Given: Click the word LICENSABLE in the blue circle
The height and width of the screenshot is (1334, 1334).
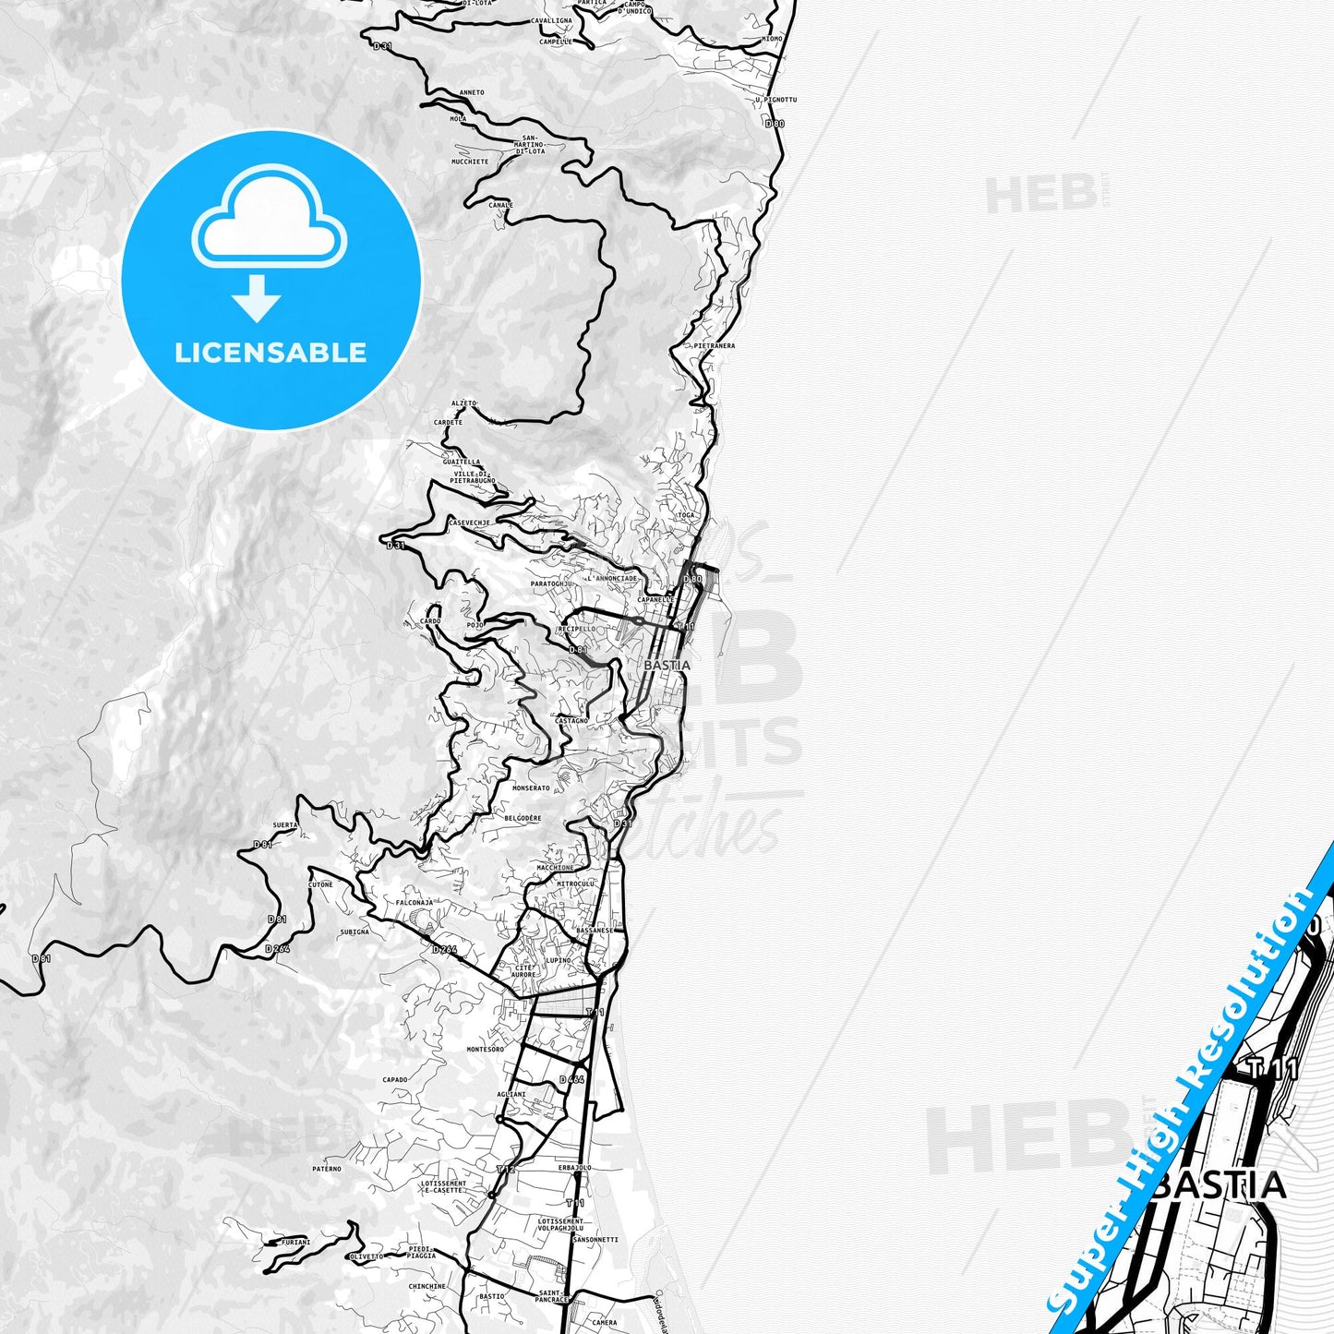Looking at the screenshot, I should pyautogui.click(x=270, y=352).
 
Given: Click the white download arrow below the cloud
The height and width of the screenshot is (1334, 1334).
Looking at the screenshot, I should pyautogui.click(x=257, y=298).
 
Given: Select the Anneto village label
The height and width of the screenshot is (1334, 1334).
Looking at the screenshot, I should pyautogui.click(x=471, y=92).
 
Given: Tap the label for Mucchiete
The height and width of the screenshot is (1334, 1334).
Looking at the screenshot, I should pyautogui.click(x=470, y=162).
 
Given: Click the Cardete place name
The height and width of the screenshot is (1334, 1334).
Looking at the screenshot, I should pyautogui.click(x=448, y=423).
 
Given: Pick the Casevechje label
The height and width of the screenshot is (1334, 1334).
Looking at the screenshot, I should pyautogui.click(x=469, y=523).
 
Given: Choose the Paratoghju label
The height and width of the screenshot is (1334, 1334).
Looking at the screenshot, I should pyautogui.click(x=552, y=583).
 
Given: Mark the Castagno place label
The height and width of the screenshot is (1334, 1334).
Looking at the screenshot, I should pyautogui.click(x=571, y=720).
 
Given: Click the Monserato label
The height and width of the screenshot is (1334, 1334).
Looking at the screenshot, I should pyautogui.click(x=531, y=788).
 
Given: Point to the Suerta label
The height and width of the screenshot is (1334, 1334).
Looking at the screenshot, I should pyautogui.click(x=285, y=825).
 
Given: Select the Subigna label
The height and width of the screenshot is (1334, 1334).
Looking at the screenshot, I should pyautogui.click(x=355, y=932).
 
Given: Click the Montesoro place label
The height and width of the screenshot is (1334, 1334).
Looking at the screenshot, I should pyautogui.click(x=486, y=1050).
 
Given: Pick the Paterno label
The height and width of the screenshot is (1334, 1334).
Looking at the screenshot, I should pyautogui.click(x=327, y=1169).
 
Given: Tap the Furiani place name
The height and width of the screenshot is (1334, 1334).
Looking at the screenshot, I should pyautogui.click(x=295, y=1243).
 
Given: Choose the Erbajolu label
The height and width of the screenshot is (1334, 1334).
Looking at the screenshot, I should pyautogui.click(x=574, y=1168).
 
